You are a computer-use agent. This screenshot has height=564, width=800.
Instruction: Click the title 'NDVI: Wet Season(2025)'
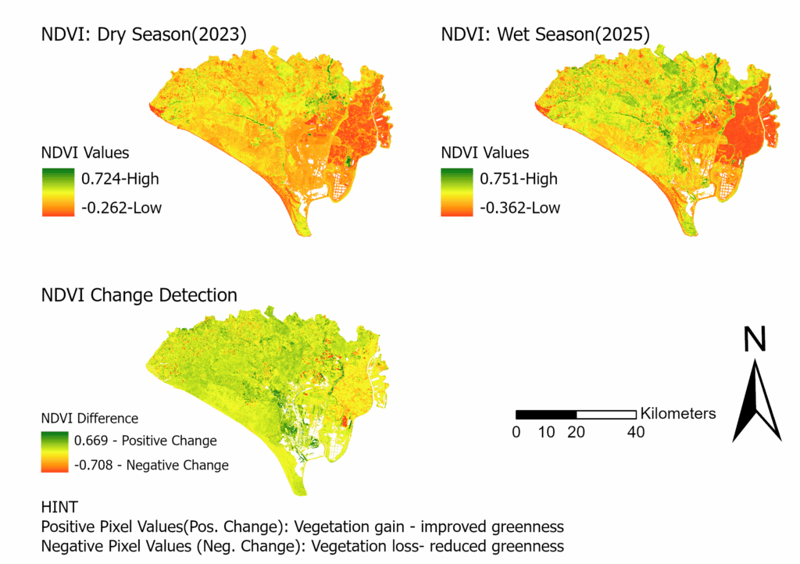click(x=545, y=34)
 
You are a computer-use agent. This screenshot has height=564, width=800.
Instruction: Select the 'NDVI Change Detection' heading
click(x=139, y=295)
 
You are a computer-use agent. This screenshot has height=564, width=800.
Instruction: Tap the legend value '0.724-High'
click(x=120, y=179)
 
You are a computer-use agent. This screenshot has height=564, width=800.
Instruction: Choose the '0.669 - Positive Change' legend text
click(x=145, y=441)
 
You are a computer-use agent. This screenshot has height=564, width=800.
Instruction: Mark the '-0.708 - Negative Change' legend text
click(x=152, y=466)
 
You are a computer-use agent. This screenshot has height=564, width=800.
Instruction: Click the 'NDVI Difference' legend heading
click(x=89, y=418)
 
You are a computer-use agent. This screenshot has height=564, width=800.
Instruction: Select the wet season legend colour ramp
click(x=456, y=193)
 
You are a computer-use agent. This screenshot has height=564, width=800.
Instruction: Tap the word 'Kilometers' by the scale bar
click(x=677, y=413)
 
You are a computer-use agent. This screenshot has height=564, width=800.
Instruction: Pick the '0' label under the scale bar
click(x=516, y=432)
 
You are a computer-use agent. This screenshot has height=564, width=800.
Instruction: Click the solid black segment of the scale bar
click(x=546, y=414)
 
